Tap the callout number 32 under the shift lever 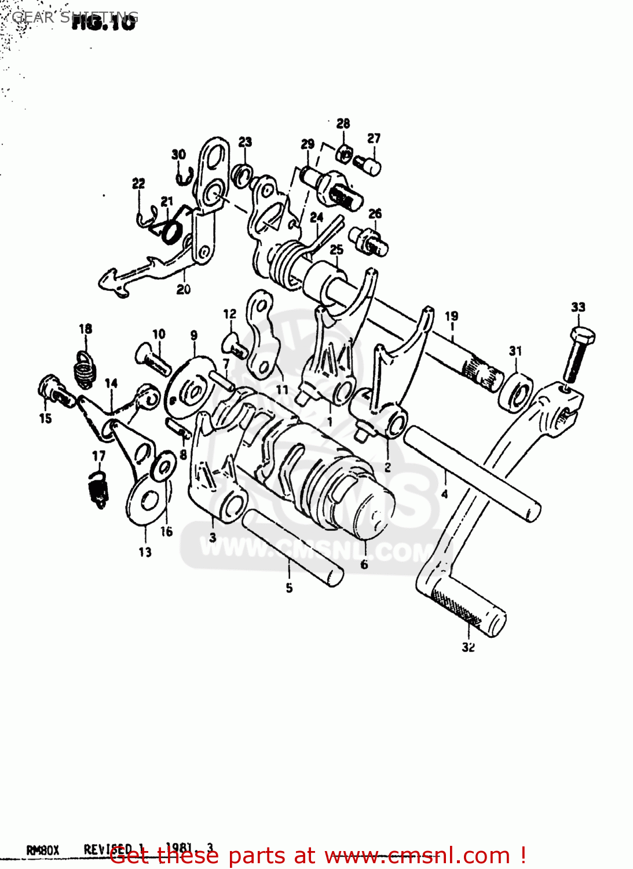tap(468, 647)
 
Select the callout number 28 tap(343, 123)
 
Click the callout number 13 tap(145, 552)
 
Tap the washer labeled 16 tap(164, 465)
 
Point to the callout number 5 tap(289, 588)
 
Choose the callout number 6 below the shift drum tap(364, 564)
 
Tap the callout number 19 tap(451, 316)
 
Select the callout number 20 tap(183, 289)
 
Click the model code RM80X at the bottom tap(43, 850)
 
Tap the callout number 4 tap(444, 494)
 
